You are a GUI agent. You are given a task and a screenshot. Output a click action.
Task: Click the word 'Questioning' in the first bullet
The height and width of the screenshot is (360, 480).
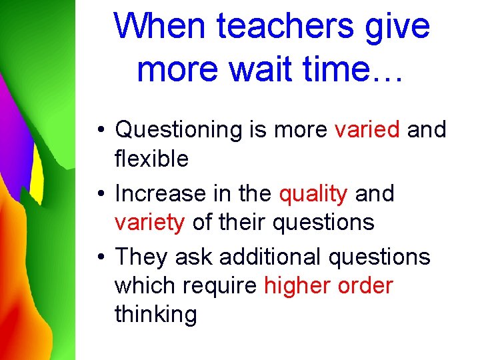point(180,130)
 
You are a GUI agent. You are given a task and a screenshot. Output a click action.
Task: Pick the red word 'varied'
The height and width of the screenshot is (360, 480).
point(367,129)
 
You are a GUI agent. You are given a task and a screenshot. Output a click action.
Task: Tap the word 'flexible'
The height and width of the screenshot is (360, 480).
point(151,159)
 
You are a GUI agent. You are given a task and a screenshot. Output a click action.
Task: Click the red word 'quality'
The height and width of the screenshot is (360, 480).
point(313,195)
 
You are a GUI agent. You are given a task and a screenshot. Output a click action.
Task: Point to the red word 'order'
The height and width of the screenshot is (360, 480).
point(366,286)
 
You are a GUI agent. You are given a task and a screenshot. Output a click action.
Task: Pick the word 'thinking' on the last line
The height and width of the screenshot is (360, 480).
point(155,315)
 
